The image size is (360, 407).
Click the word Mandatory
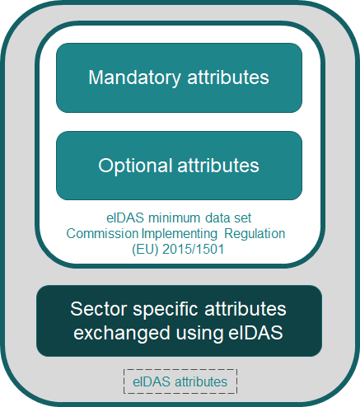(x=134, y=78)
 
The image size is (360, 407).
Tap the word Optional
(x=135, y=166)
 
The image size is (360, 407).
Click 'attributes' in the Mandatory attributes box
(x=228, y=77)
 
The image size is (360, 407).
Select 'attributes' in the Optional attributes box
(x=218, y=165)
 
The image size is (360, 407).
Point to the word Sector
(x=100, y=309)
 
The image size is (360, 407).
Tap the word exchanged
(x=122, y=334)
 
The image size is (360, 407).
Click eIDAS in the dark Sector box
(x=255, y=333)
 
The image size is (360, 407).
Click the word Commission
(x=102, y=234)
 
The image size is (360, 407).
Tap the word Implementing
(x=180, y=235)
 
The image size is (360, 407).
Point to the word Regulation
(x=255, y=235)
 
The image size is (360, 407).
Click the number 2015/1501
(x=194, y=250)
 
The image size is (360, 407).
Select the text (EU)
(x=145, y=250)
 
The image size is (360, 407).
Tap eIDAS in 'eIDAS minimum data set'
(x=125, y=218)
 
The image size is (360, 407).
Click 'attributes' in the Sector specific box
(x=245, y=309)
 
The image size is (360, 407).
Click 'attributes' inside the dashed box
(x=201, y=381)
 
